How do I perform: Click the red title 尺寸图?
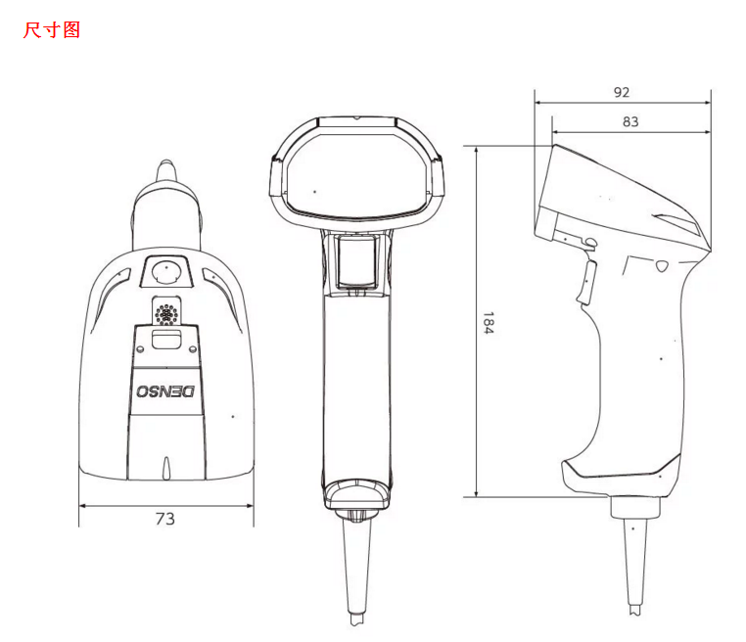coord(51,30)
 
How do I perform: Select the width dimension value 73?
coord(164,519)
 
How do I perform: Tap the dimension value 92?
coord(621,92)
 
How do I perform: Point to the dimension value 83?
coord(629,121)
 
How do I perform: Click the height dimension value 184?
coord(488,324)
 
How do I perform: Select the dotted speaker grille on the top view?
coord(166,313)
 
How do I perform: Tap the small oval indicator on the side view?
coord(662,265)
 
